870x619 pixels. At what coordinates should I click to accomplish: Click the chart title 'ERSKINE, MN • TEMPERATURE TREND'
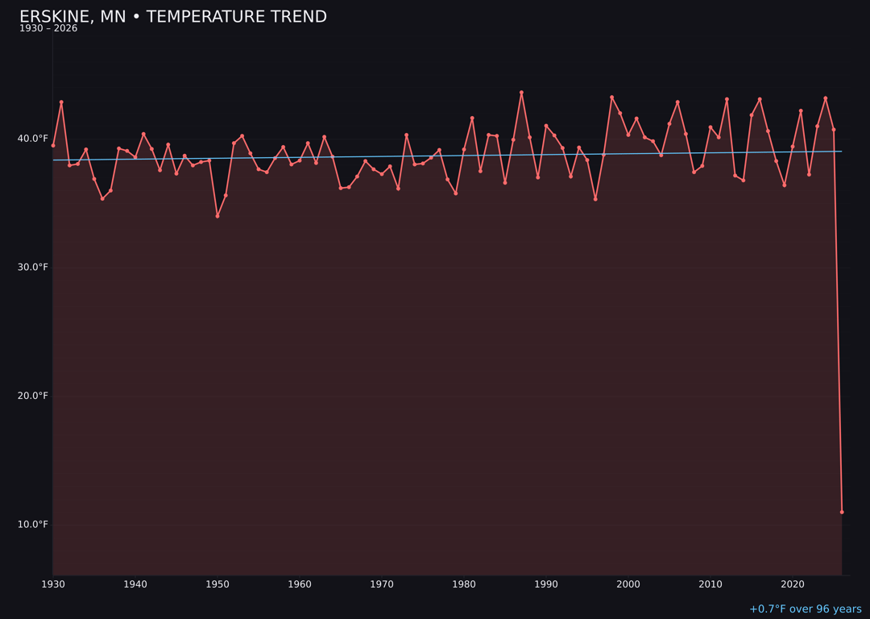173,17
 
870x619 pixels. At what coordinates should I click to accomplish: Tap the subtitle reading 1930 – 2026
48,29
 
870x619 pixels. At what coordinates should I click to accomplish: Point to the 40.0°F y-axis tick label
32,139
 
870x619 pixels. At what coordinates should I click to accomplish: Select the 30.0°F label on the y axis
32,268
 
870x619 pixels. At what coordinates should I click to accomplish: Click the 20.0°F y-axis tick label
32,396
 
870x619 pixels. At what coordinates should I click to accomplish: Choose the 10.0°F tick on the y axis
32,525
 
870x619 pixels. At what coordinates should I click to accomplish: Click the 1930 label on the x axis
53,584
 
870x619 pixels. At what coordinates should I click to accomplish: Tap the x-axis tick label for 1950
217,584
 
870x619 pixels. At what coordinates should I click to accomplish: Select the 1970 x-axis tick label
382,584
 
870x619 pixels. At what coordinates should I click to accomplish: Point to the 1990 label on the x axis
546,584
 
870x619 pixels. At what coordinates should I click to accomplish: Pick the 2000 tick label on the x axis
628,584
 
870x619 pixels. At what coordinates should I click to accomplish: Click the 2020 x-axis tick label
793,584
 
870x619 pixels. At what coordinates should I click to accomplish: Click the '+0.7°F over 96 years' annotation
805,609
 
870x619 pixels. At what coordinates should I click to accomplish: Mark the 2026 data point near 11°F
842,512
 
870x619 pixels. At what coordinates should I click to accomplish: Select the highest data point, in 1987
521,93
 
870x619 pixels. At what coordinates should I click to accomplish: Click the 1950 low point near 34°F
217,216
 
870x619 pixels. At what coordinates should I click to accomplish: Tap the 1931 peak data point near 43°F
61,102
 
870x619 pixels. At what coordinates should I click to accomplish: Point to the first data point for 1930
53,145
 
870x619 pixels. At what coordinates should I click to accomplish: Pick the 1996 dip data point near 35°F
595,199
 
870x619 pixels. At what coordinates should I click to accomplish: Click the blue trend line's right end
841,152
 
